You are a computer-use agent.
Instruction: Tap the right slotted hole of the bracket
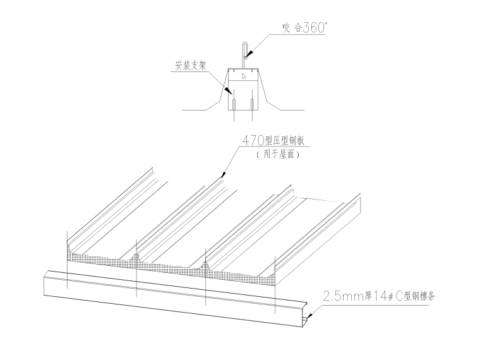pos(252,104)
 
